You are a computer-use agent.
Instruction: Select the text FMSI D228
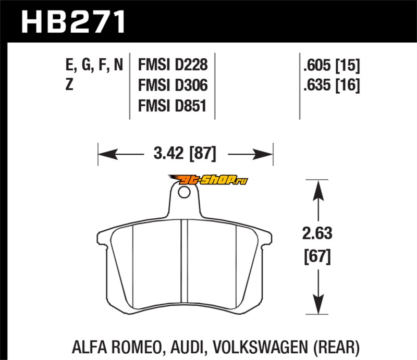(173, 65)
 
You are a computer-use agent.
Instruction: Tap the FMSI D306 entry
(173, 85)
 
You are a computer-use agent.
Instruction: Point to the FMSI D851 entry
(173, 106)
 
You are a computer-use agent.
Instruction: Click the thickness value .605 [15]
(330, 65)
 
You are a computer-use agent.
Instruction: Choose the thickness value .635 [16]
(330, 85)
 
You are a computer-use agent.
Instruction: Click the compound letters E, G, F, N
(94, 65)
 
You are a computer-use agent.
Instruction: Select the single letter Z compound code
(69, 85)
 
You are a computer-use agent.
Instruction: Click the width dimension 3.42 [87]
(185, 154)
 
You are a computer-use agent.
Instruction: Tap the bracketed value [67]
(316, 256)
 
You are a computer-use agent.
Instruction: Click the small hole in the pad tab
(183, 193)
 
